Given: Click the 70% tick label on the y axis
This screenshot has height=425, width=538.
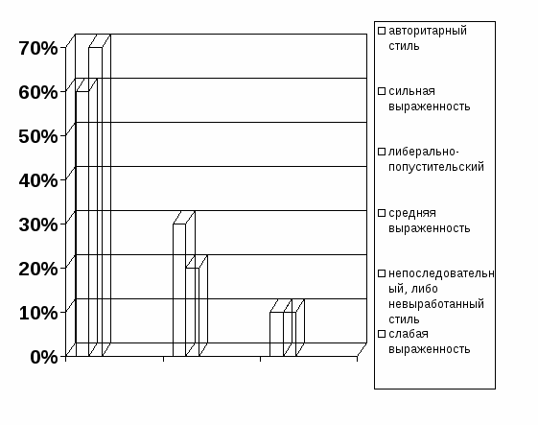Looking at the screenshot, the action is pos(38,48).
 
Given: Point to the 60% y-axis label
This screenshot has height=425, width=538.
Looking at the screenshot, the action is pos(38,92).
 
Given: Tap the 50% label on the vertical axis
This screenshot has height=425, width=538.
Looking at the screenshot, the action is pos(38,136).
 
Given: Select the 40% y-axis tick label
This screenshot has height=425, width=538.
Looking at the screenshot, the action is pos(38,180).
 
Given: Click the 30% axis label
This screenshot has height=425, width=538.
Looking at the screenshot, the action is pos(38,224).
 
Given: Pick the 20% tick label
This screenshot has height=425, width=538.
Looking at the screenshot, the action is pos(38,269).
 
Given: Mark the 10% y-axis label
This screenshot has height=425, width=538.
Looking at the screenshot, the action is pos(38,313).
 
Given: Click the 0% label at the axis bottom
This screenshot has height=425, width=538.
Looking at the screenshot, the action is pos(44,357).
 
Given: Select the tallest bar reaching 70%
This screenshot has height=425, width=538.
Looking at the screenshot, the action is pos(96,201).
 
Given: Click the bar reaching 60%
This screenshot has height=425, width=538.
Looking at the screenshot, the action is pos(82,224).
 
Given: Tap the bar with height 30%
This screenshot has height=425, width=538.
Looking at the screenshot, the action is pos(179,290).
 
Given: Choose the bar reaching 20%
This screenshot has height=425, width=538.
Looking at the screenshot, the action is pos(193,312).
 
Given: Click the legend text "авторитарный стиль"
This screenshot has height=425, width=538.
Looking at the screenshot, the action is pos(428,38).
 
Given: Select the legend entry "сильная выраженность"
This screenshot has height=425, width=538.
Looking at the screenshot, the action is pos(430,99).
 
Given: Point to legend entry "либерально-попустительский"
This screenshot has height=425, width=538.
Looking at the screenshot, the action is pos(436,159).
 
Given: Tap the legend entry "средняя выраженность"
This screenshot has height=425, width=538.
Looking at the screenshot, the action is pos(430,221).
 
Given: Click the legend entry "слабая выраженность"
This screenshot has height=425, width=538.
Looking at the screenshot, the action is pos(430,342).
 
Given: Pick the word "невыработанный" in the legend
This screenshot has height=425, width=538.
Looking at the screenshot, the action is pos(436,304).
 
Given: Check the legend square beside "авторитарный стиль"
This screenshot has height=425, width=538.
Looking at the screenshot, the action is pos(382,31).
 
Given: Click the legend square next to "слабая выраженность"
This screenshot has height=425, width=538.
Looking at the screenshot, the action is pos(382,334).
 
